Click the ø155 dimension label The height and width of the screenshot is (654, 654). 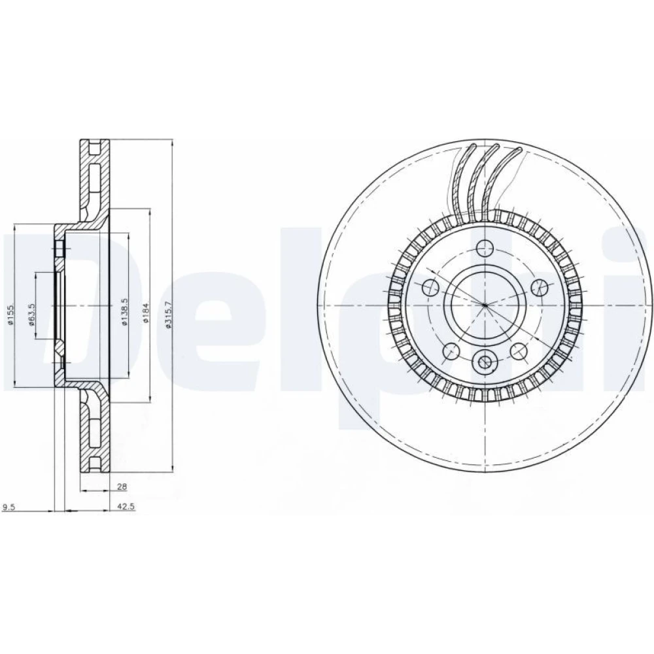click(x=11, y=315)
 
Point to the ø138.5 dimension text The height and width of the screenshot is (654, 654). click(x=124, y=311)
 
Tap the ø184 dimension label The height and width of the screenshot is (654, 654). click(x=146, y=313)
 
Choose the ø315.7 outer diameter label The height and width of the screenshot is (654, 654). click(x=169, y=315)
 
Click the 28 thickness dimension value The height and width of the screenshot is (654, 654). click(x=122, y=487)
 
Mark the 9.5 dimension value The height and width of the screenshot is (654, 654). click(x=9, y=507)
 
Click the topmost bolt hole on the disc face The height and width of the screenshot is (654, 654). click(x=485, y=249)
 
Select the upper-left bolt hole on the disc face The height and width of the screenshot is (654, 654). click(x=431, y=287)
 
